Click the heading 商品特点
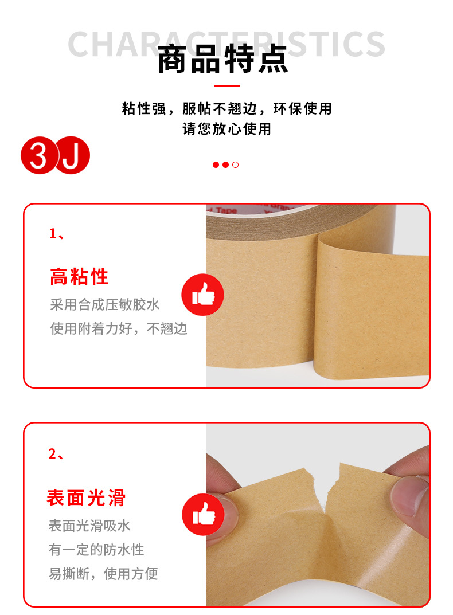click(x=223, y=60)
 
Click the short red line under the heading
click(x=226, y=87)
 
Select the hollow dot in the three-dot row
click(x=235, y=165)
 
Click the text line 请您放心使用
click(x=226, y=128)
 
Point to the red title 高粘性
click(x=79, y=277)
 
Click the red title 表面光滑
click(x=86, y=498)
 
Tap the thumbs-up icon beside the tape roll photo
click(x=202, y=295)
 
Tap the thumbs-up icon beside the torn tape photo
click(x=202, y=514)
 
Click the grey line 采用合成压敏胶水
click(x=105, y=304)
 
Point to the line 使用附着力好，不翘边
click(x=119, y=329)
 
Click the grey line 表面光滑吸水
click(x=89, y=526)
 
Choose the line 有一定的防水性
click(x=96, y=550)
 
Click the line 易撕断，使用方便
click(x=103, y=574)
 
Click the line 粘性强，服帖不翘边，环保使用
click(x=226, y=108)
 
